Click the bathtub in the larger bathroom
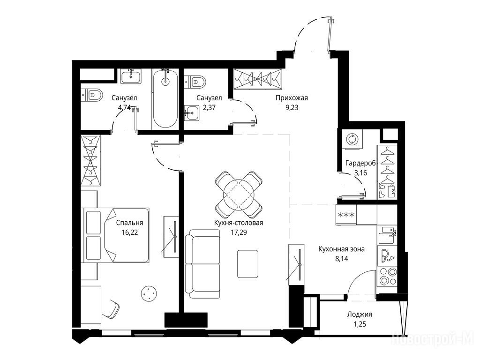(165, 99)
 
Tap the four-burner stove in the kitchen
(387, 276)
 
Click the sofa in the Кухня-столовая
(202, 263)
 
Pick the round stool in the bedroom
(149, 294)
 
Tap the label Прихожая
(292, 98)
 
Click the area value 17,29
(239, 232)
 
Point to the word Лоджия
(360, 315)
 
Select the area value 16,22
(129, 232)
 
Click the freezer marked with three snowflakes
(346, 215)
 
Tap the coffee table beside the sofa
(247, 264)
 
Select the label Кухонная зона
(341, 249)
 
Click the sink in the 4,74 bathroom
(131, 76)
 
